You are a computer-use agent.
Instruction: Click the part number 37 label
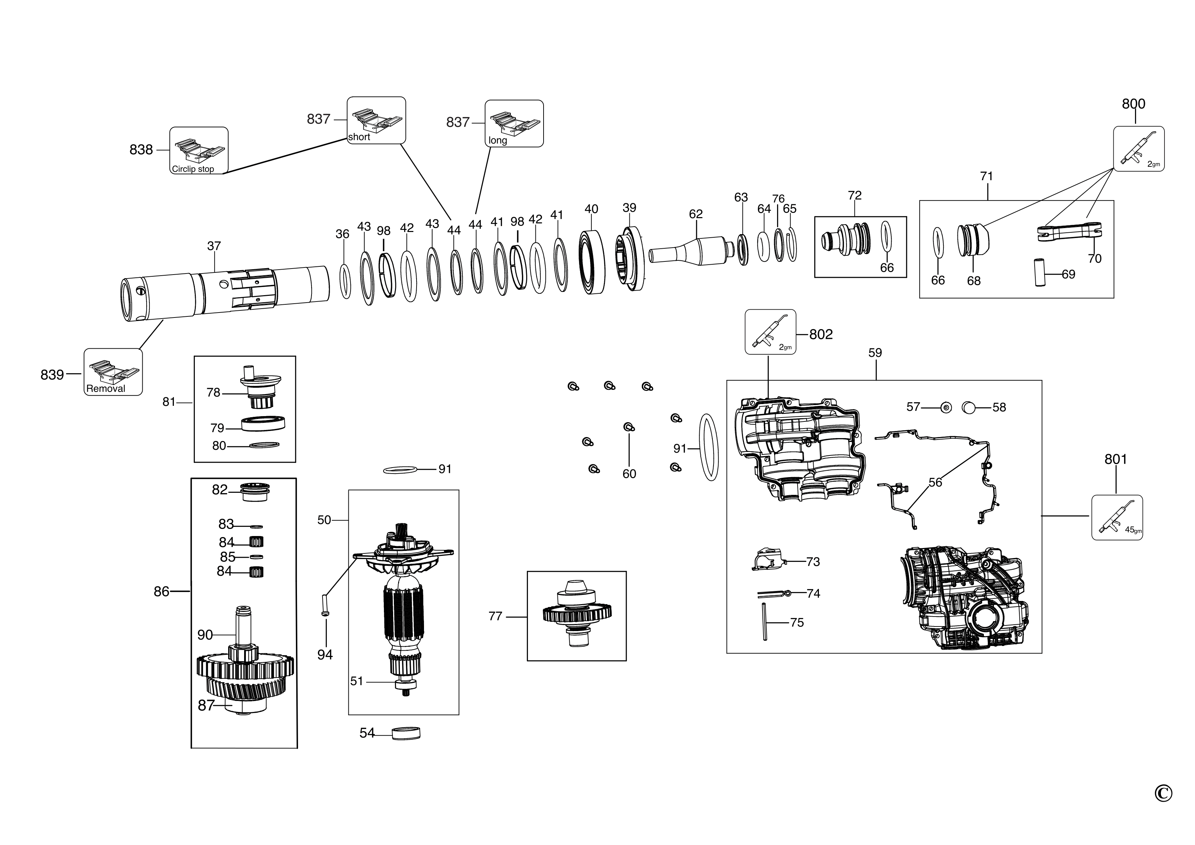[x=214, y=246]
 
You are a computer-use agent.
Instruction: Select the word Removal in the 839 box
[x=106, y=389]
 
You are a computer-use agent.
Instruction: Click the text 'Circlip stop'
[x=193, y=169]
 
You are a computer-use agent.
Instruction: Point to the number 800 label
[x=1133, y=104]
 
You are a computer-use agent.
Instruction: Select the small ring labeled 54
[x=406, y=733]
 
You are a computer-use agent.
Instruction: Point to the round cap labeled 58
[x=968, y=407]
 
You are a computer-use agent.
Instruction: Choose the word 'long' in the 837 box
[x=497, y=140]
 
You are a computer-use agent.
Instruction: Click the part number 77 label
[x=495, y=616]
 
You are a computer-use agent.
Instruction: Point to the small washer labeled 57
[x=946, y=407]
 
